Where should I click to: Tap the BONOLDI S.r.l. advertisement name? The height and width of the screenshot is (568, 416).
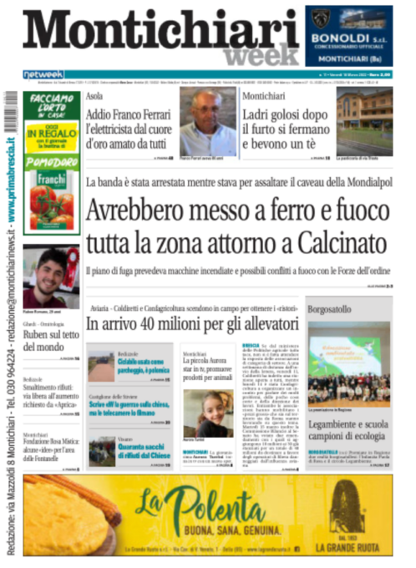click(x=341, y=39)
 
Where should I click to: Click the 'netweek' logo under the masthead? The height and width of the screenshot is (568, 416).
click(x=43, y=74)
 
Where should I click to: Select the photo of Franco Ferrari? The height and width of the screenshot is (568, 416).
click(x=208, y=122)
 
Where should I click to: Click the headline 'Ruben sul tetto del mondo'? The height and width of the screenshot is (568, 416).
click(x=50, y=341)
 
